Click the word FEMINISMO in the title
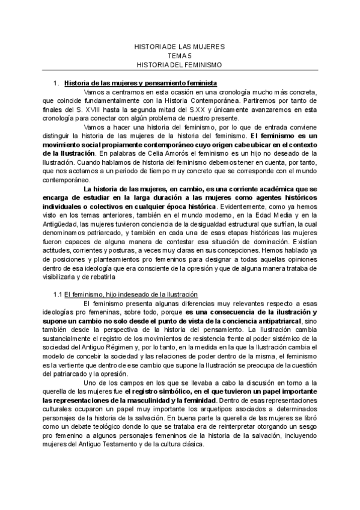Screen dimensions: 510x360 tap(201, 64)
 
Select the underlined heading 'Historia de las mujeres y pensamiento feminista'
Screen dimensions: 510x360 tap(141, 82)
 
